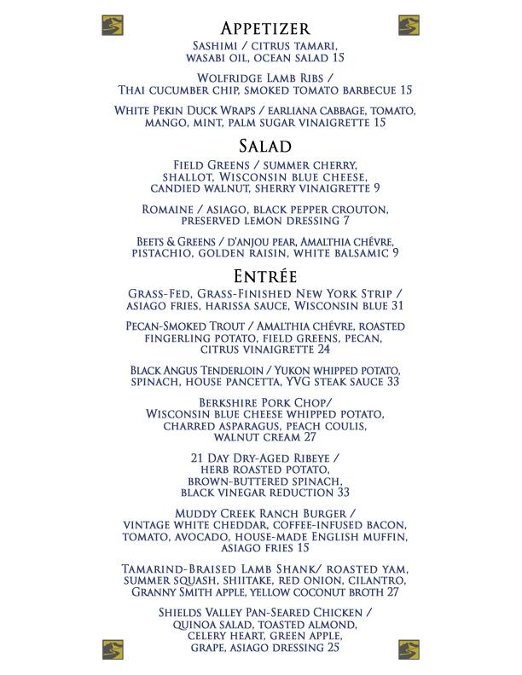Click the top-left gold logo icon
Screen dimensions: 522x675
point(113,25)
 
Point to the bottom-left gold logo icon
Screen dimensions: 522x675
point(113,649)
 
